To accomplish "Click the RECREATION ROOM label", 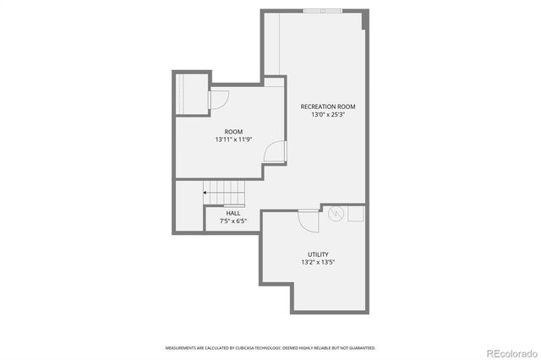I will click(x=328, y=106).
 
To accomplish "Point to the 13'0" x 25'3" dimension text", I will click(x=328, y=115).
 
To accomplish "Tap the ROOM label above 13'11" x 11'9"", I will click(x=233, y=131).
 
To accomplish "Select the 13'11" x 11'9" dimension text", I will click(x=233, y=139).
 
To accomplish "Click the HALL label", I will click(x=232, y=213).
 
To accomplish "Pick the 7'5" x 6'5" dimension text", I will click(x=232, y=221).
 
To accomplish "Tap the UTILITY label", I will click(x=318, y=254).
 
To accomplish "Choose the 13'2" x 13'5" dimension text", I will click(x=318, y=263).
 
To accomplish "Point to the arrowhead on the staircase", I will click(x=205, y=193).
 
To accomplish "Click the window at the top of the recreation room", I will click(x=324, y=10).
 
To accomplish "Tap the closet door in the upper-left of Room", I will click(x=216, y=100).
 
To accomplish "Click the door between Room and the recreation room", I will click(x=274, y=152).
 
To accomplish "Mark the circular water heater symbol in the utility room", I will click(x=336, y=214).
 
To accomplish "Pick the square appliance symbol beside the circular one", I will click(x=356, y=214).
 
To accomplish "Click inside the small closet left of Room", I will click(x=191, y=93).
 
